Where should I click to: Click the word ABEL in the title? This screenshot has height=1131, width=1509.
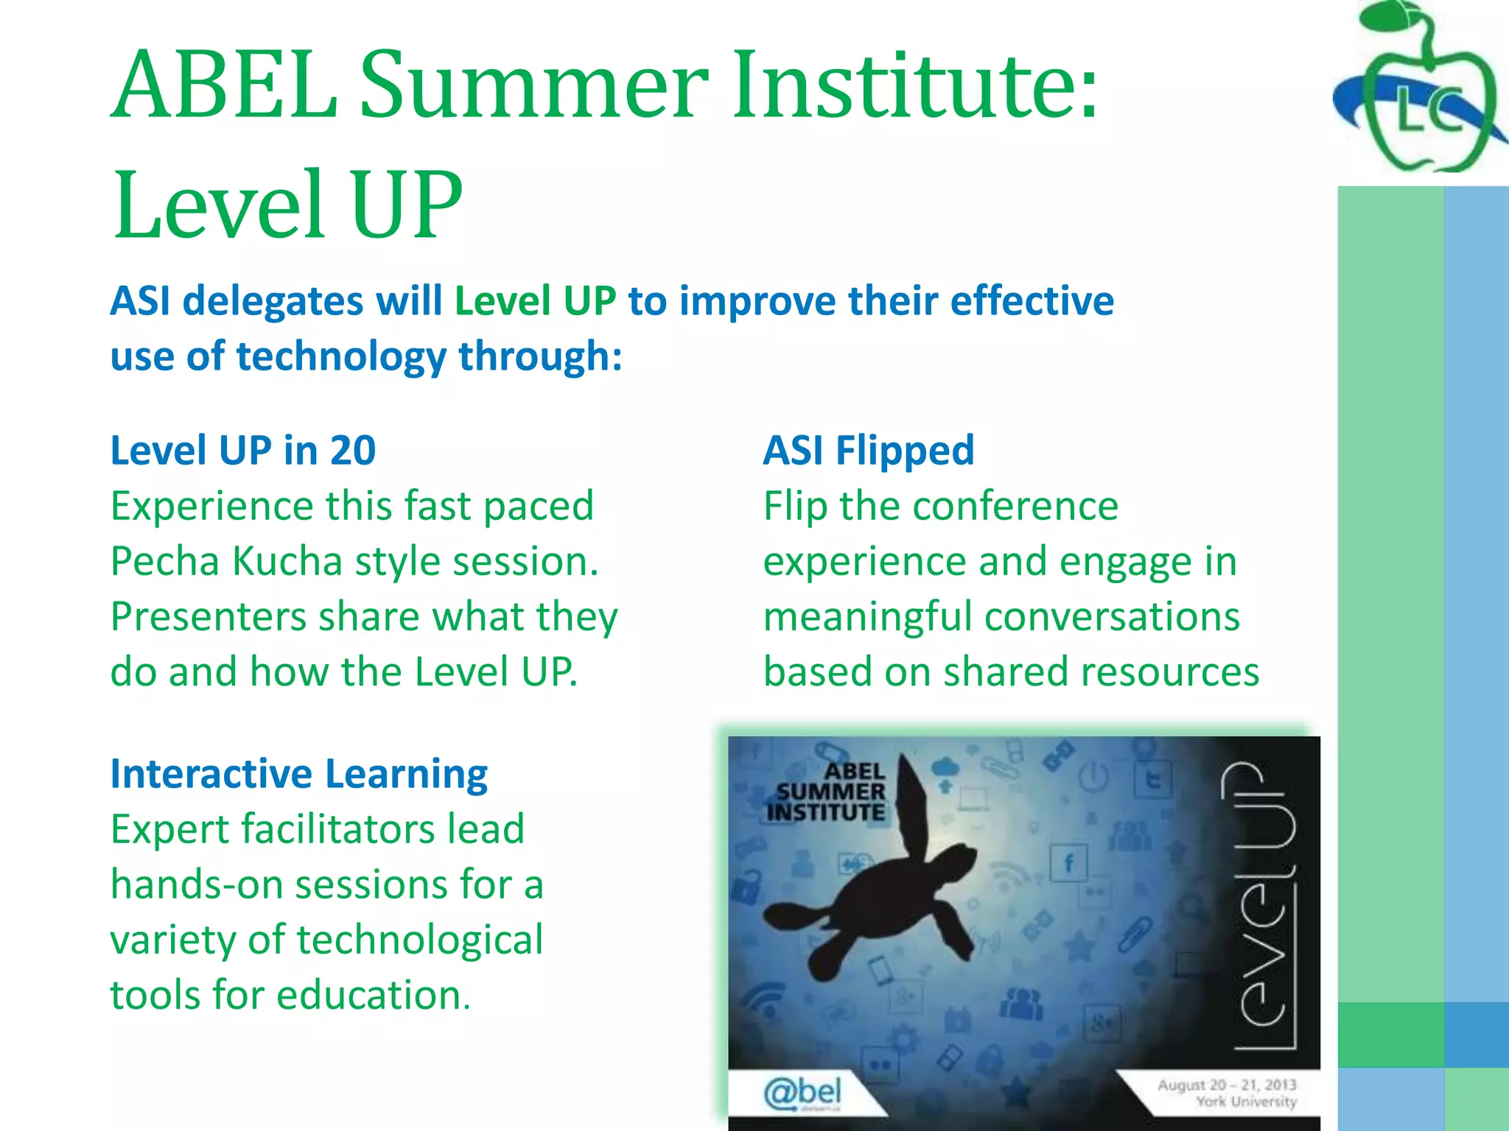click(x=225, y=85)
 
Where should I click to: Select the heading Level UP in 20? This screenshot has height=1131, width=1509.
click(x=243, y=451)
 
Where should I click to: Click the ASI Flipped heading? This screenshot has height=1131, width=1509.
click(x=869, y=451)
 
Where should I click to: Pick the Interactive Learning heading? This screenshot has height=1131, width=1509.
click(x=298, y=774)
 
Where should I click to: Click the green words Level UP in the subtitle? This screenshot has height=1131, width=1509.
click(x=535, y=301)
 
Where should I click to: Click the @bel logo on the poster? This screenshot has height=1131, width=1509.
click(x=802, y=1093)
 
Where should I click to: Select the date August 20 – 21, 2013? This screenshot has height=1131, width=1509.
click(x=1226, y=1085)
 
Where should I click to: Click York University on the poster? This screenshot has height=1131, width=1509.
click(x=1245, y=1102)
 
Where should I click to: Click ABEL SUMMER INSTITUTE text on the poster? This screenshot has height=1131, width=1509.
click(x=827, y=792)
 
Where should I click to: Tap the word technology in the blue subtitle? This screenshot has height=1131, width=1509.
click(x=341, y=356)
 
